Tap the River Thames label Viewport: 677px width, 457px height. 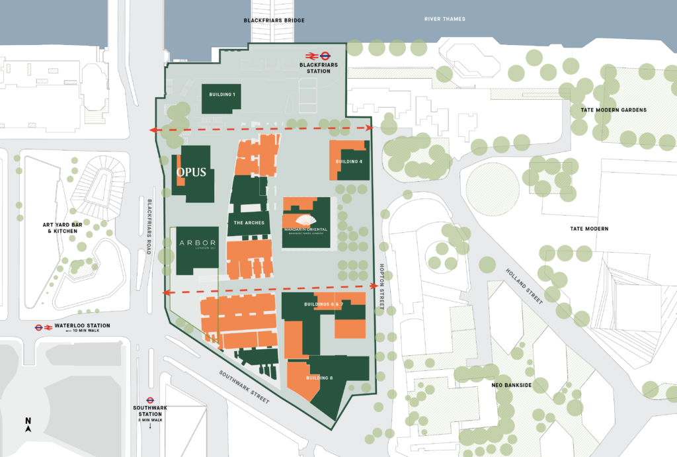pos(445,19)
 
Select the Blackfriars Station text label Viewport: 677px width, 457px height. pos(314,68)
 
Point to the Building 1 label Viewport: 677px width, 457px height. pos(222,95)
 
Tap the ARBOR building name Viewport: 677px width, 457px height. pos(194,243)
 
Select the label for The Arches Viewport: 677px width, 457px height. pos(249,223)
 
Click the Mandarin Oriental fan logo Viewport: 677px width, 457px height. pos(305,220)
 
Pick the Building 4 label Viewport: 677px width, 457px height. pos(348,162)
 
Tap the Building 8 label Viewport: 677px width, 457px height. pos(320,378)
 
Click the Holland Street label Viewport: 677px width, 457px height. pos(533,286)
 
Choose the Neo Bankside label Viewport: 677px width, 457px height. pos(507,384)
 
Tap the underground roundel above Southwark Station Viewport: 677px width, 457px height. pos(150,399)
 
